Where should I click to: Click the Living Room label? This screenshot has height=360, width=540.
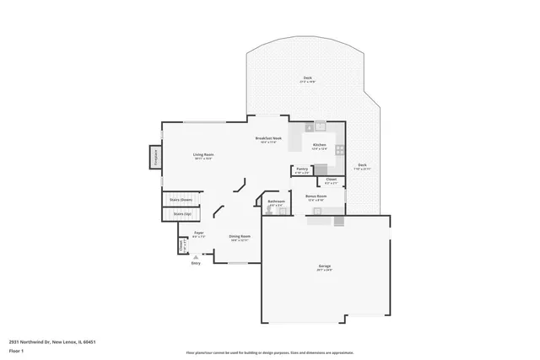pos(202,156)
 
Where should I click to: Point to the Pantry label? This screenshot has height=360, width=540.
pos(302,169)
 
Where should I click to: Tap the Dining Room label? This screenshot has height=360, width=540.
pos(240,238)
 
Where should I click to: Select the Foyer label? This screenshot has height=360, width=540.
pos(199,234)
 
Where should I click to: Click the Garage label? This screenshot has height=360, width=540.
pos(324,268)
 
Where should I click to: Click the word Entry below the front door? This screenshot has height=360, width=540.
pos(196,264)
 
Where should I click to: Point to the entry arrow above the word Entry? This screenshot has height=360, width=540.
pos(196,258)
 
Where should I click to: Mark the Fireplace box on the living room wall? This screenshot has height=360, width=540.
pos(155,157)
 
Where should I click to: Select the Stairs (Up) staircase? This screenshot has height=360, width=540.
pos(181,214)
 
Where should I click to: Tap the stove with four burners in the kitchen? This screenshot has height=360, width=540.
pos(339,149)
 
